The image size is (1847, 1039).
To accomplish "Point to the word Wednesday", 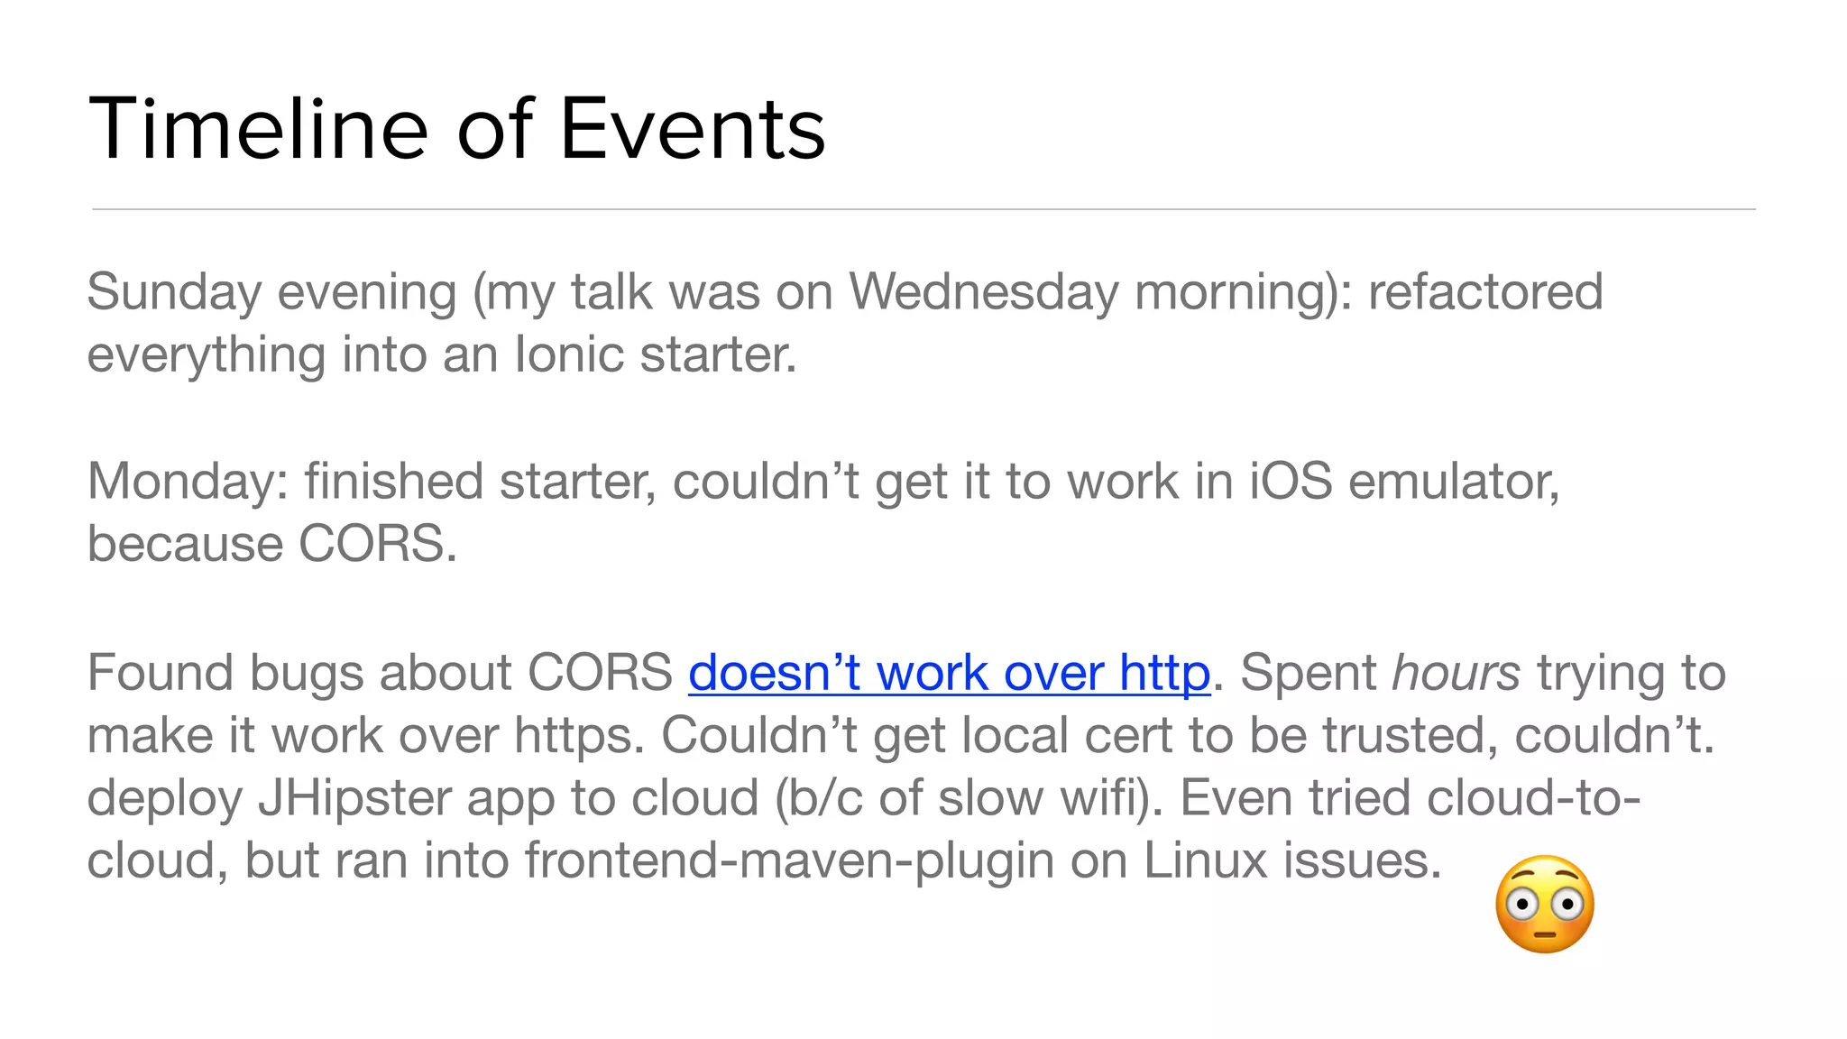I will tap(983, 292).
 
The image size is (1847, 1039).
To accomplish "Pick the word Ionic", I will tap(569, 354).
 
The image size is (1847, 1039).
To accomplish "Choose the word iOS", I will tap(1290, 482).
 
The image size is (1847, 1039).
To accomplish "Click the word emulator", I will tap(1454, 482).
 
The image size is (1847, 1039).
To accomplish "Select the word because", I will tap(185, 544).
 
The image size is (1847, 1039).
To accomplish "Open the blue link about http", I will tap(949, 673).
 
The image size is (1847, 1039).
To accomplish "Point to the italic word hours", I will tap(1456, 673).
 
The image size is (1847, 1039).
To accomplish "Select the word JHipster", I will tap(354, 798).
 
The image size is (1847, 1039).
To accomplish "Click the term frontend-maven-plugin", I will tap(789, 860).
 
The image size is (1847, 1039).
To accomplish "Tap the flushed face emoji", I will tap(1544, 905).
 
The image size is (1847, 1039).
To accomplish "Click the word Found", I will tap(159, 673).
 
